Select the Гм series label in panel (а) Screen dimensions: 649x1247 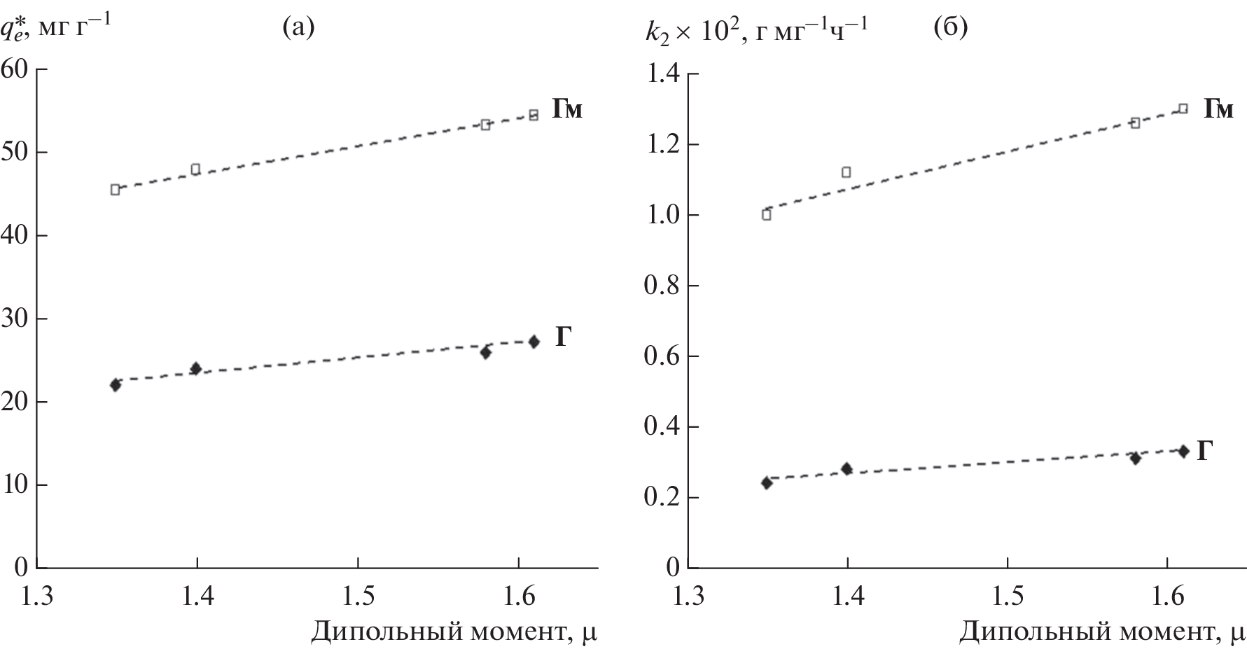coord(567,109)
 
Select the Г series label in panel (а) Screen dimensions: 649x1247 coord(565,337)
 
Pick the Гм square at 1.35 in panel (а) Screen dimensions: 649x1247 coord(116,189)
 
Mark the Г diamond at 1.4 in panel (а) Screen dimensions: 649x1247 coord(196,368)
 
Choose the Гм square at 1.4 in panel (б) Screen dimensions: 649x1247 coord(846,172)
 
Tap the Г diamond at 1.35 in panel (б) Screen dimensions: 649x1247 coord(766,482)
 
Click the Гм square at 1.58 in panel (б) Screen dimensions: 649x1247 coord(1135,123)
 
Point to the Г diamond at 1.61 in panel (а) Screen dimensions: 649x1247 coord(534,342)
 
